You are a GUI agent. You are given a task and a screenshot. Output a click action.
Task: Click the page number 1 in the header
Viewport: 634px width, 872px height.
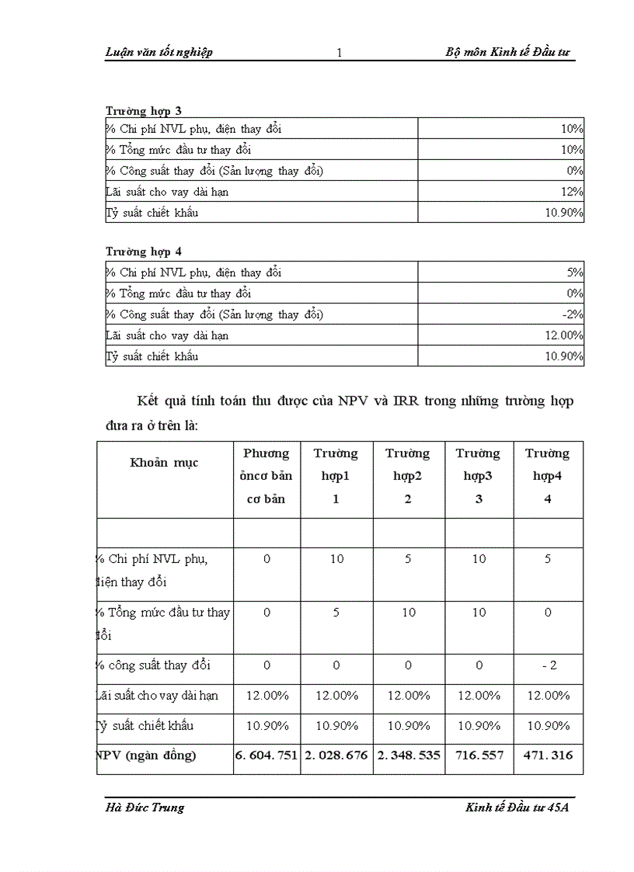click(x=340, y=54)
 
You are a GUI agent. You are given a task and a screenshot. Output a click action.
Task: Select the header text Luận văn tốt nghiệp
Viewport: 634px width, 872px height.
click(x=158, y=53)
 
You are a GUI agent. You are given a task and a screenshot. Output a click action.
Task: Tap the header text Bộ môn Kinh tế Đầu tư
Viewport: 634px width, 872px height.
click(x=508, y=53)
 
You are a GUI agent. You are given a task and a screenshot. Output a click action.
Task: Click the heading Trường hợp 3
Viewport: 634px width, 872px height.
click(x=144, y=111)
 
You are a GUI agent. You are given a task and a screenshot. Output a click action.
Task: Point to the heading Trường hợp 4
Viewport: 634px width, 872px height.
click(x=144, y=252)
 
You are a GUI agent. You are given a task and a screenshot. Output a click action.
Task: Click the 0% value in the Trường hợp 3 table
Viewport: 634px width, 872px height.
click(x=574, y=170)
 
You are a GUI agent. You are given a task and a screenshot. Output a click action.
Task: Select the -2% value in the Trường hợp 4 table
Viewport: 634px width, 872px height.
click(x=573, y=314)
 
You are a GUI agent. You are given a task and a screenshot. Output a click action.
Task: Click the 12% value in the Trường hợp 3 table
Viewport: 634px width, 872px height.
click(x=573, y=191)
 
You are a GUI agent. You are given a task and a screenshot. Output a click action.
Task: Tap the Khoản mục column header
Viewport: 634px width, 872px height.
click(x=164, y=462)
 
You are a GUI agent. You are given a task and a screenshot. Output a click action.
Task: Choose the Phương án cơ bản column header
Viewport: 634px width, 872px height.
click(x=266, y=476)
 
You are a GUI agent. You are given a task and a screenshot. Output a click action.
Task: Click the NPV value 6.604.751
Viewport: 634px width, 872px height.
click(x=266, y=756)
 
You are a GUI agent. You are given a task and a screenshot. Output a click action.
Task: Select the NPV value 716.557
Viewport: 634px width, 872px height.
click(x=479, y=756)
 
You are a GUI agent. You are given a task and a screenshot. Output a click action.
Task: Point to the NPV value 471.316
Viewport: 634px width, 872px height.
click(x=548, y=756)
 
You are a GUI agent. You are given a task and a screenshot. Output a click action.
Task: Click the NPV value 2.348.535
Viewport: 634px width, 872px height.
click(x=408, y=756)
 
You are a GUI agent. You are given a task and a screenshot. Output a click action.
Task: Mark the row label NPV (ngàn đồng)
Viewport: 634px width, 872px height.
click(x=147, y=756)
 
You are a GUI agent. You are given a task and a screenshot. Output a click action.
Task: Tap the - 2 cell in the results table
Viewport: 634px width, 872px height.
click(x=548, y=665)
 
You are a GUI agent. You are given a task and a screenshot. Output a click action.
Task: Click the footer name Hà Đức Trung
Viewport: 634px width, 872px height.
click(x=145, y=807)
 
